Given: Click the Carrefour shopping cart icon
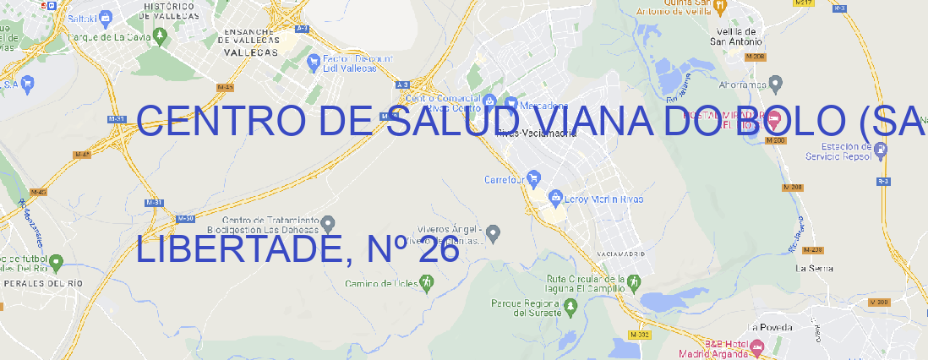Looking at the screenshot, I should coord(534,179).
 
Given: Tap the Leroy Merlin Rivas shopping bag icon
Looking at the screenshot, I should coord(555,199).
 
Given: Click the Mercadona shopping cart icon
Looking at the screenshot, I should coord(510,104).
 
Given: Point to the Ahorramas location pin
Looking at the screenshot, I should coord(777,83).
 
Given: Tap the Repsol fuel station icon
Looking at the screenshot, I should coord(881,150).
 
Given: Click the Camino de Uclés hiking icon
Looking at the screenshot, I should coord(426,283).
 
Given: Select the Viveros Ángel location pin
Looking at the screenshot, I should coord(494,232).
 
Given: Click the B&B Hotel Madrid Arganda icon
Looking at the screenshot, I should coord(757,346).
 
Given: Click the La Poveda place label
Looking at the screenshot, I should coord(771,327).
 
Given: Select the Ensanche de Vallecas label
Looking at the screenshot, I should coord(250,41).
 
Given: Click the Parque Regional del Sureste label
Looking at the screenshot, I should coord(526,308).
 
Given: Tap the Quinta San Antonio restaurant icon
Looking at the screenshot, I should coord(719,6).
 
